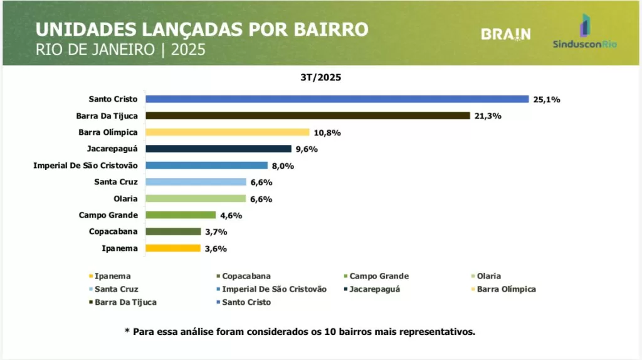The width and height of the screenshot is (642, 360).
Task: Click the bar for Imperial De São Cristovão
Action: click(x=207, y=166)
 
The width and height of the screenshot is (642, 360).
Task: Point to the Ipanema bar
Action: click(x=173, y=248)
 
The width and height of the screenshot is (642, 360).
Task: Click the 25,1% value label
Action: click(x=546, y=99)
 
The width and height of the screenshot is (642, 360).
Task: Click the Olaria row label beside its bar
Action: click(x=125, y=199)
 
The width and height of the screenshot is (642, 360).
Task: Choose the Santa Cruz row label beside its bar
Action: click(x=116, y=182)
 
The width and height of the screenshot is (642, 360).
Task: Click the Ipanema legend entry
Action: click(x=112, y=276)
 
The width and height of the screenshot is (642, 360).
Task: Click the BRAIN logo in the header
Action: click(x=505, y=34)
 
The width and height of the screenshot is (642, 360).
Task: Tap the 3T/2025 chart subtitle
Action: click(x=320, y=78)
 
